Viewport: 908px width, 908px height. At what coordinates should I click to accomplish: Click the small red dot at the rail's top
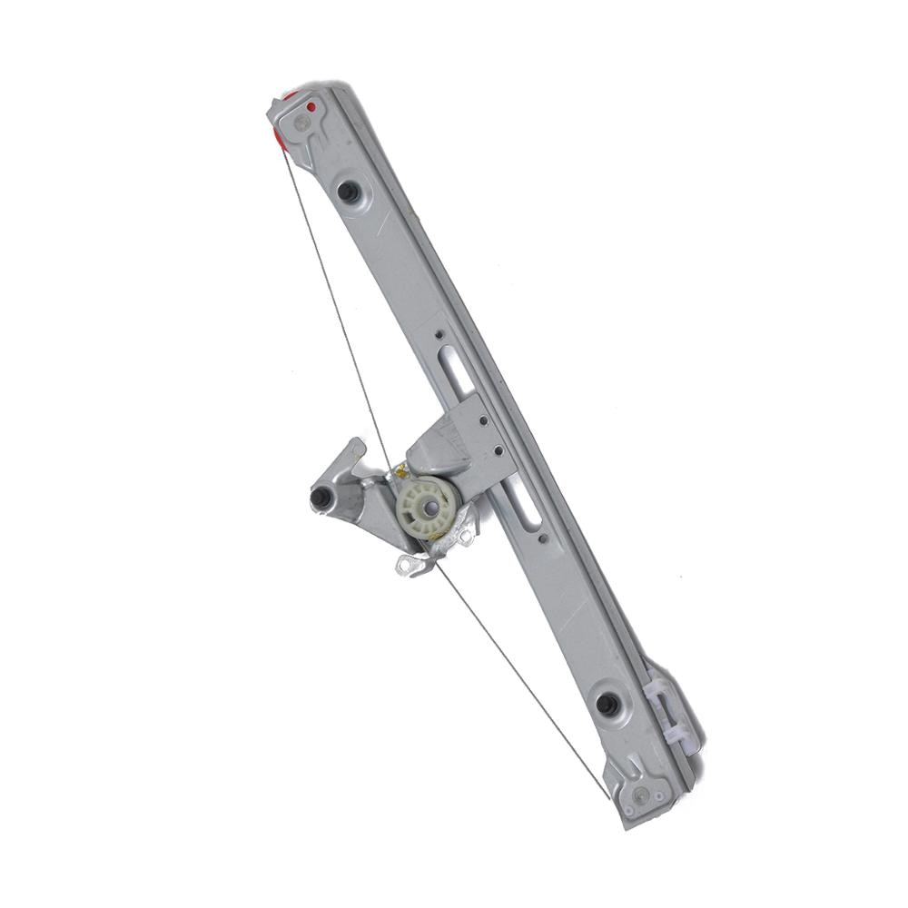click(x=311, y=107)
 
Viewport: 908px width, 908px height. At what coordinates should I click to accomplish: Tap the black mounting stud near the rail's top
click(x=347, y=192)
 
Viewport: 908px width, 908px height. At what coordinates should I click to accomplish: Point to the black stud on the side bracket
click(x=320, y=498)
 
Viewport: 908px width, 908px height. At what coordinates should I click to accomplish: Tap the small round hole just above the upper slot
click(x=439, y=334)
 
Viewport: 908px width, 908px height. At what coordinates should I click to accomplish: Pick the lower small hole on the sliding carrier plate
click(x=498, y=448)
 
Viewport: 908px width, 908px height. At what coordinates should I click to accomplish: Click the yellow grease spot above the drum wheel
click(x=397, y=470)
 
